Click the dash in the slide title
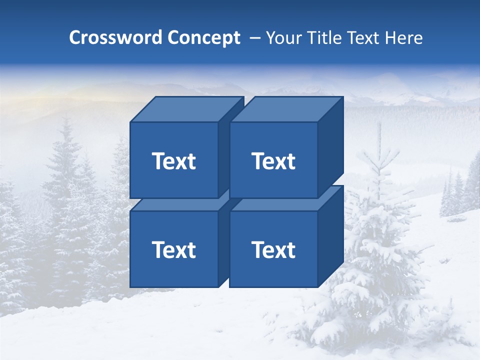click(254, 38)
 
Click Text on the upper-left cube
click(174, 161)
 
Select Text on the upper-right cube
click(273, 161)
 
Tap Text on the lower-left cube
click(174, 249)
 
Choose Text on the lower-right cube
click(273, 249)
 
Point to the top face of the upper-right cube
click(286, 109)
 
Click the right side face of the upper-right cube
click(330, 147)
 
